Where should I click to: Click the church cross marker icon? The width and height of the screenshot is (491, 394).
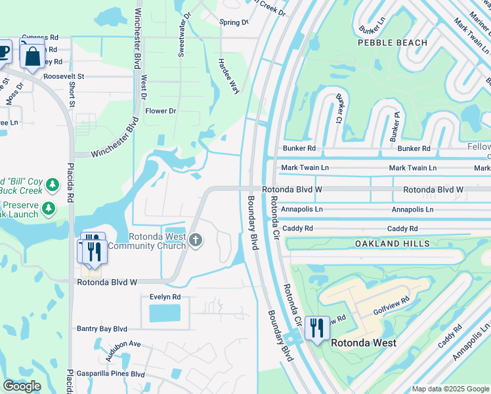coord(195,241)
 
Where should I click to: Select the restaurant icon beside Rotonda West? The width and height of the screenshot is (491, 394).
coord(316,328)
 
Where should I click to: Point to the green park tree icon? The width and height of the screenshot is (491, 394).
coord(49,209)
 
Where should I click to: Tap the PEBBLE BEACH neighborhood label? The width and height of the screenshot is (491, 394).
coord(393,43)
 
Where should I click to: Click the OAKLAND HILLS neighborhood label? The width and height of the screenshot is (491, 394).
coord(392,244)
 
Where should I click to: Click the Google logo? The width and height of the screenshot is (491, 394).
coord(22,386)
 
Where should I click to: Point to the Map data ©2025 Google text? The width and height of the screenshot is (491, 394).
coord(450,389)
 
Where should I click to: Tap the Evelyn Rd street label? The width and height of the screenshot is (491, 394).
coord(165,297)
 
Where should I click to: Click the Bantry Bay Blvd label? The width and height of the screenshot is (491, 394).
coord(102,328)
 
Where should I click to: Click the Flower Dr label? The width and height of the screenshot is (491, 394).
coord(161,111)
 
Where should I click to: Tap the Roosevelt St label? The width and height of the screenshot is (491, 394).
coord(64,76)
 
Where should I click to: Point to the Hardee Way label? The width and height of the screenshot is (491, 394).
coord(228,76)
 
